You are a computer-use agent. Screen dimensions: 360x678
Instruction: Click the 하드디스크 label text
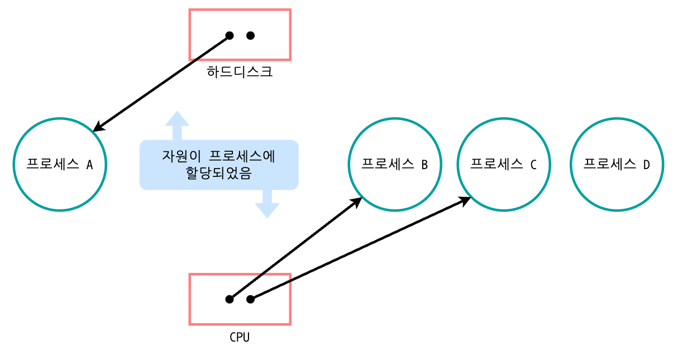tap(240, 72)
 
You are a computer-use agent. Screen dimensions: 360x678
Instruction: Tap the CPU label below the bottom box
tap(240, 337)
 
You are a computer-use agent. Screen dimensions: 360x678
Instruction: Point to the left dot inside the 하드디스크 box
tap(229, 36)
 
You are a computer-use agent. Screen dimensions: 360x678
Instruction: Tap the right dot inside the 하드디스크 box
tap(250, 36)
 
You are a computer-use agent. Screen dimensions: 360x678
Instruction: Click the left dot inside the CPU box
tap(229, 299)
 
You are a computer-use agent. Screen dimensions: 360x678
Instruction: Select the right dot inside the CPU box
tap(250, 299)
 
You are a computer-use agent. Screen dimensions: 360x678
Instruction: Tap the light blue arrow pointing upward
tap(177, 124)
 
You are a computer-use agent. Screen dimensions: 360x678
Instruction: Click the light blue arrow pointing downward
tap(267, 204)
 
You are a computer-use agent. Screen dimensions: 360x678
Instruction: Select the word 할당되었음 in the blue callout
tap(219, 174)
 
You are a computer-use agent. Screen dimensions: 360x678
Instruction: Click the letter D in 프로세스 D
tap(646, 165)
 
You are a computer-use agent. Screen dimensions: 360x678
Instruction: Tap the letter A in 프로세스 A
tap(89, 165)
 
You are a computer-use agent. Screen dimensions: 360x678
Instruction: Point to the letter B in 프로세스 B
tap(424, 165)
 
